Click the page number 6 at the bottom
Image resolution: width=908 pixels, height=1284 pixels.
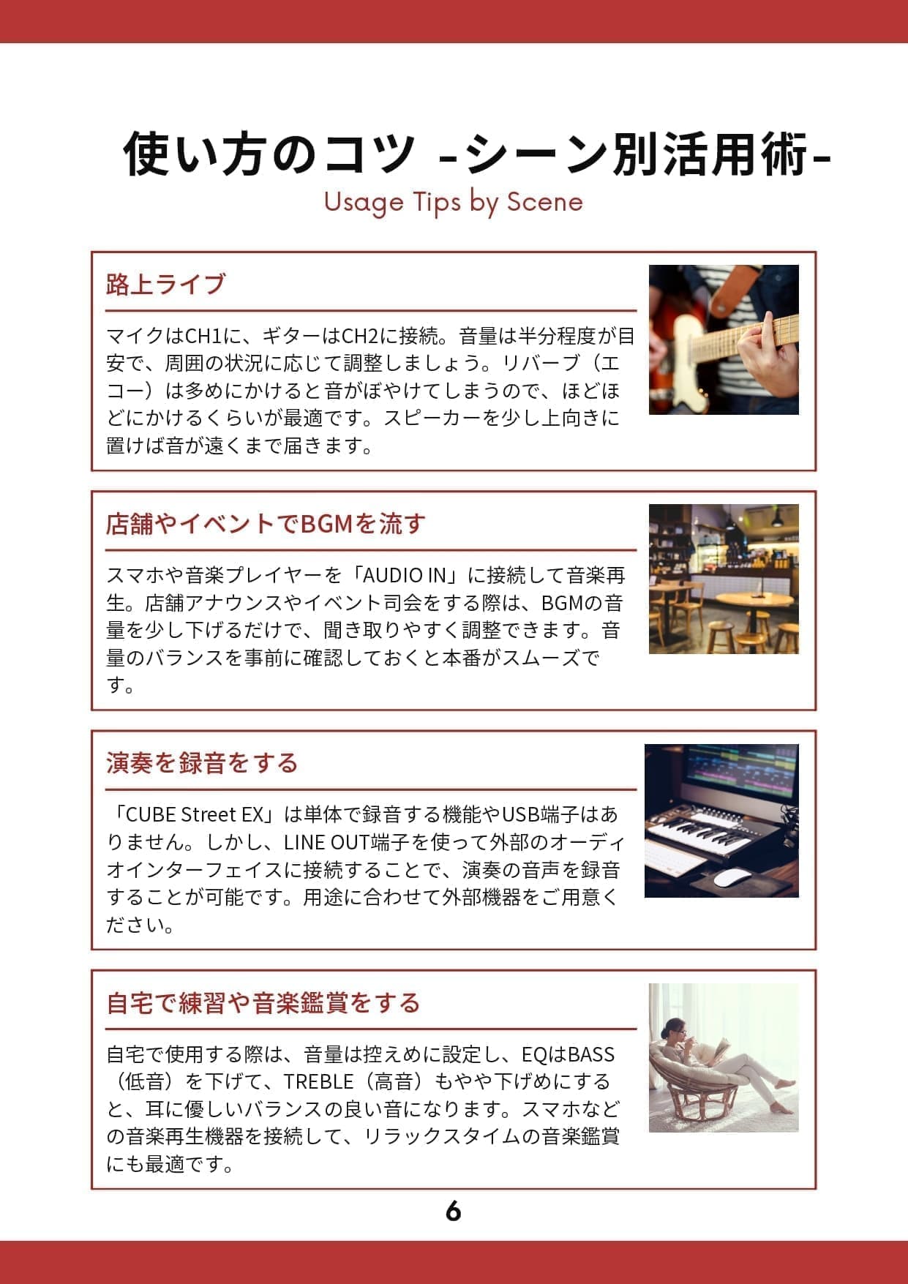click(x=453, y=1212)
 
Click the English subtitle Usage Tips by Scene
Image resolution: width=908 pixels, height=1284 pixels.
click(x=453, y=202)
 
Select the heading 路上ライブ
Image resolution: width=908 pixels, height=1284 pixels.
click(x=165, y=284)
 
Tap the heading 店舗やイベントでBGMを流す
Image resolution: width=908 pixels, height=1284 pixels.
click(x=266, y=524)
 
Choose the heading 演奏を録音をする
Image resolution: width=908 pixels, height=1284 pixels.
click(x=202, y=763)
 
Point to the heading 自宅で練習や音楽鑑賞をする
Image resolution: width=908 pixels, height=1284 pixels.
click(x=263, y=1002)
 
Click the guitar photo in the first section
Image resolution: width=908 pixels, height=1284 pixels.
click(x=724, y=340)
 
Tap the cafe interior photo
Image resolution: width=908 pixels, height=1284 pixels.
click(x=724, y=579)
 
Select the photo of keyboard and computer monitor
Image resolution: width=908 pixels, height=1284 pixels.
click(x=721, y=821)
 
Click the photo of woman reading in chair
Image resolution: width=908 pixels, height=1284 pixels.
click(x=724, y=1058)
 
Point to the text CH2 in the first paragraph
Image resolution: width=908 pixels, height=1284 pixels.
click(x=360, y=337)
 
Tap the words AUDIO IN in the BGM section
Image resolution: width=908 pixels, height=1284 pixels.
click(x=405, y=576)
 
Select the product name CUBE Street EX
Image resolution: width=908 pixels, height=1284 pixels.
click(x=197, y=815)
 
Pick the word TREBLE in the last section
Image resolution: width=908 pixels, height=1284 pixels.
click(x=319, y=1082)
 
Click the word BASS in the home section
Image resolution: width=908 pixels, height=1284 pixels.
click(x=591, y=1054)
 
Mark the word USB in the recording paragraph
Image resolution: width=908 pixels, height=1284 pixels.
click(x=521, y=815)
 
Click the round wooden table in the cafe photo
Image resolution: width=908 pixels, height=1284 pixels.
click(x=754, y=600)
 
